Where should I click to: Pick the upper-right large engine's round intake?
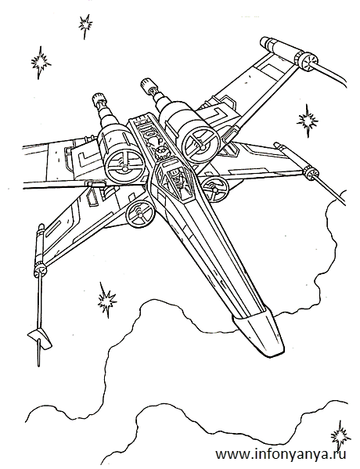[x=199, y=142]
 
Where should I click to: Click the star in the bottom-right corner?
[x=340, y=436]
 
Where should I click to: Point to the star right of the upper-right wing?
[x=307, y=121]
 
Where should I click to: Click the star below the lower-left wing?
[x=106, y=301]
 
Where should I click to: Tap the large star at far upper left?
[x=41, y=62]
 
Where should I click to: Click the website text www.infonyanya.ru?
[x=281, y=454]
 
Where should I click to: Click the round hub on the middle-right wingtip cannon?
[x=309, y=172]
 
